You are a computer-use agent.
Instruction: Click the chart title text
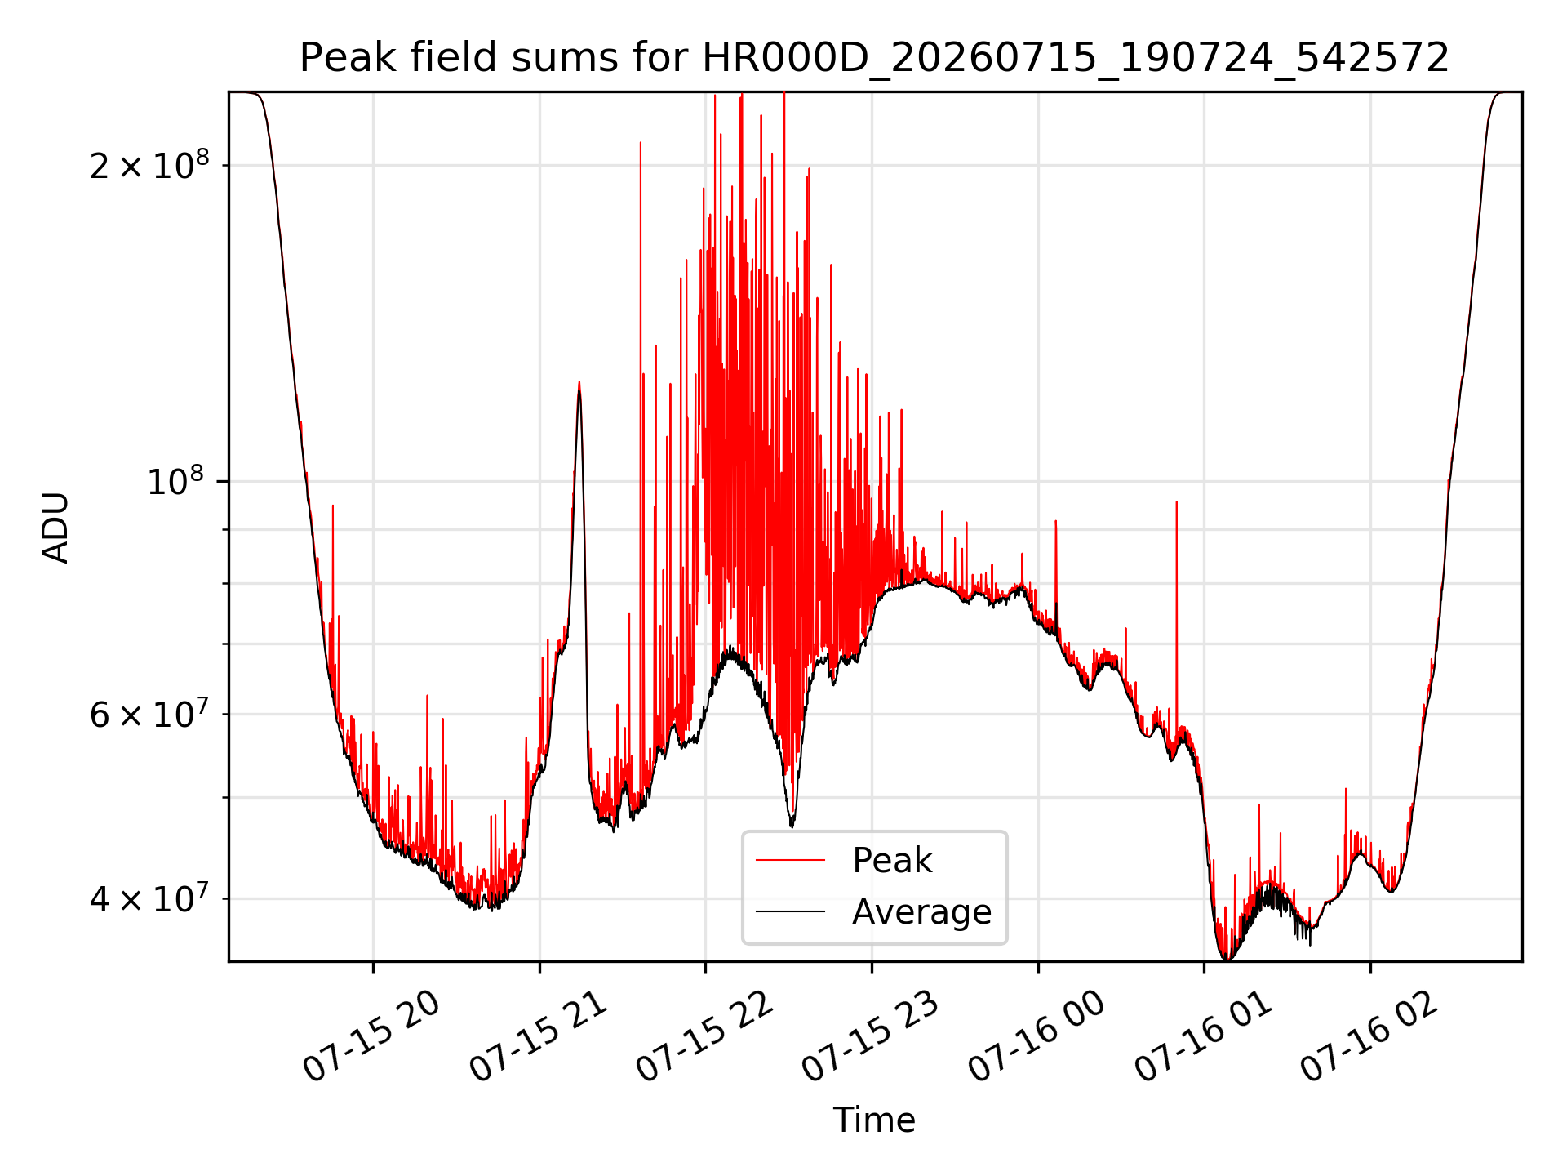coord(874,58)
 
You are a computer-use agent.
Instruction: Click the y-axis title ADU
coord(55,527)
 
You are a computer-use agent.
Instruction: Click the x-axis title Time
coord(874,1120)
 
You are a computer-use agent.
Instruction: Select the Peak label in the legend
coord(892,861)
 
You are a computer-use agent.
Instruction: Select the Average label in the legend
coord(921,911)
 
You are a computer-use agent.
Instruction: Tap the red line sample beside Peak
coord(790,861)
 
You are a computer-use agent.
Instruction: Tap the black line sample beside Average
coord(790,911)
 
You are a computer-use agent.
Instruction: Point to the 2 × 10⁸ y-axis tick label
coord(149,165)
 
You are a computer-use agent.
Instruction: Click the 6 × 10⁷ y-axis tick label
coord(149,714)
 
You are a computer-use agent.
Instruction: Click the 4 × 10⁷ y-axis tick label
coord(149,898)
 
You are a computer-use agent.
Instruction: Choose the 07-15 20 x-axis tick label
coord(371,1038)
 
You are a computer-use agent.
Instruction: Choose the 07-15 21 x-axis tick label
coord(539,1038)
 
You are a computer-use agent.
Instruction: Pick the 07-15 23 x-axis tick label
coord(871,1038)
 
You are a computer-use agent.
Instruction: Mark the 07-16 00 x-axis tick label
coord(1037,1038)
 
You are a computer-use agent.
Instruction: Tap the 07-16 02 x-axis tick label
coord(1369,1038)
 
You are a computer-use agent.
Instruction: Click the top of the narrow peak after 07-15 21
coord(579,381)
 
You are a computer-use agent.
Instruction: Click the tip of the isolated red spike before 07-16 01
coord(1176,501)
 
